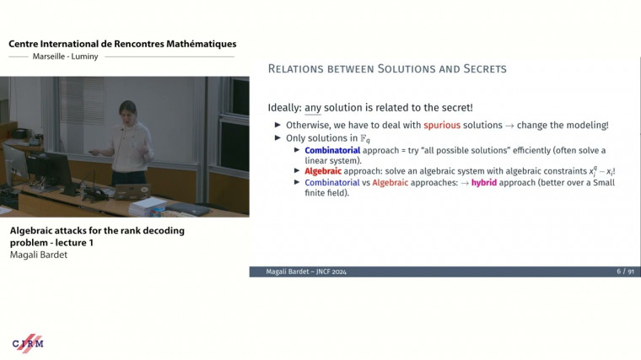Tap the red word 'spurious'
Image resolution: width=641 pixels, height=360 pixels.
[x=444, y=125]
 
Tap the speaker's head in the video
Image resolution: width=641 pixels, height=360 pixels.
[x=127, y=112]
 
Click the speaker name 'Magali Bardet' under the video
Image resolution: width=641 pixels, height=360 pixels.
[x=38, y=254]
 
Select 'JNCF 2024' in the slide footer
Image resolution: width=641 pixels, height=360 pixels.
[x=330, y=271]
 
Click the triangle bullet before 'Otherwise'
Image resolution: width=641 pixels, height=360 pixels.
[x=278, y=125]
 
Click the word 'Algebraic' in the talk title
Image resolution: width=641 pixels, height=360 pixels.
[x=33, y=230]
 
